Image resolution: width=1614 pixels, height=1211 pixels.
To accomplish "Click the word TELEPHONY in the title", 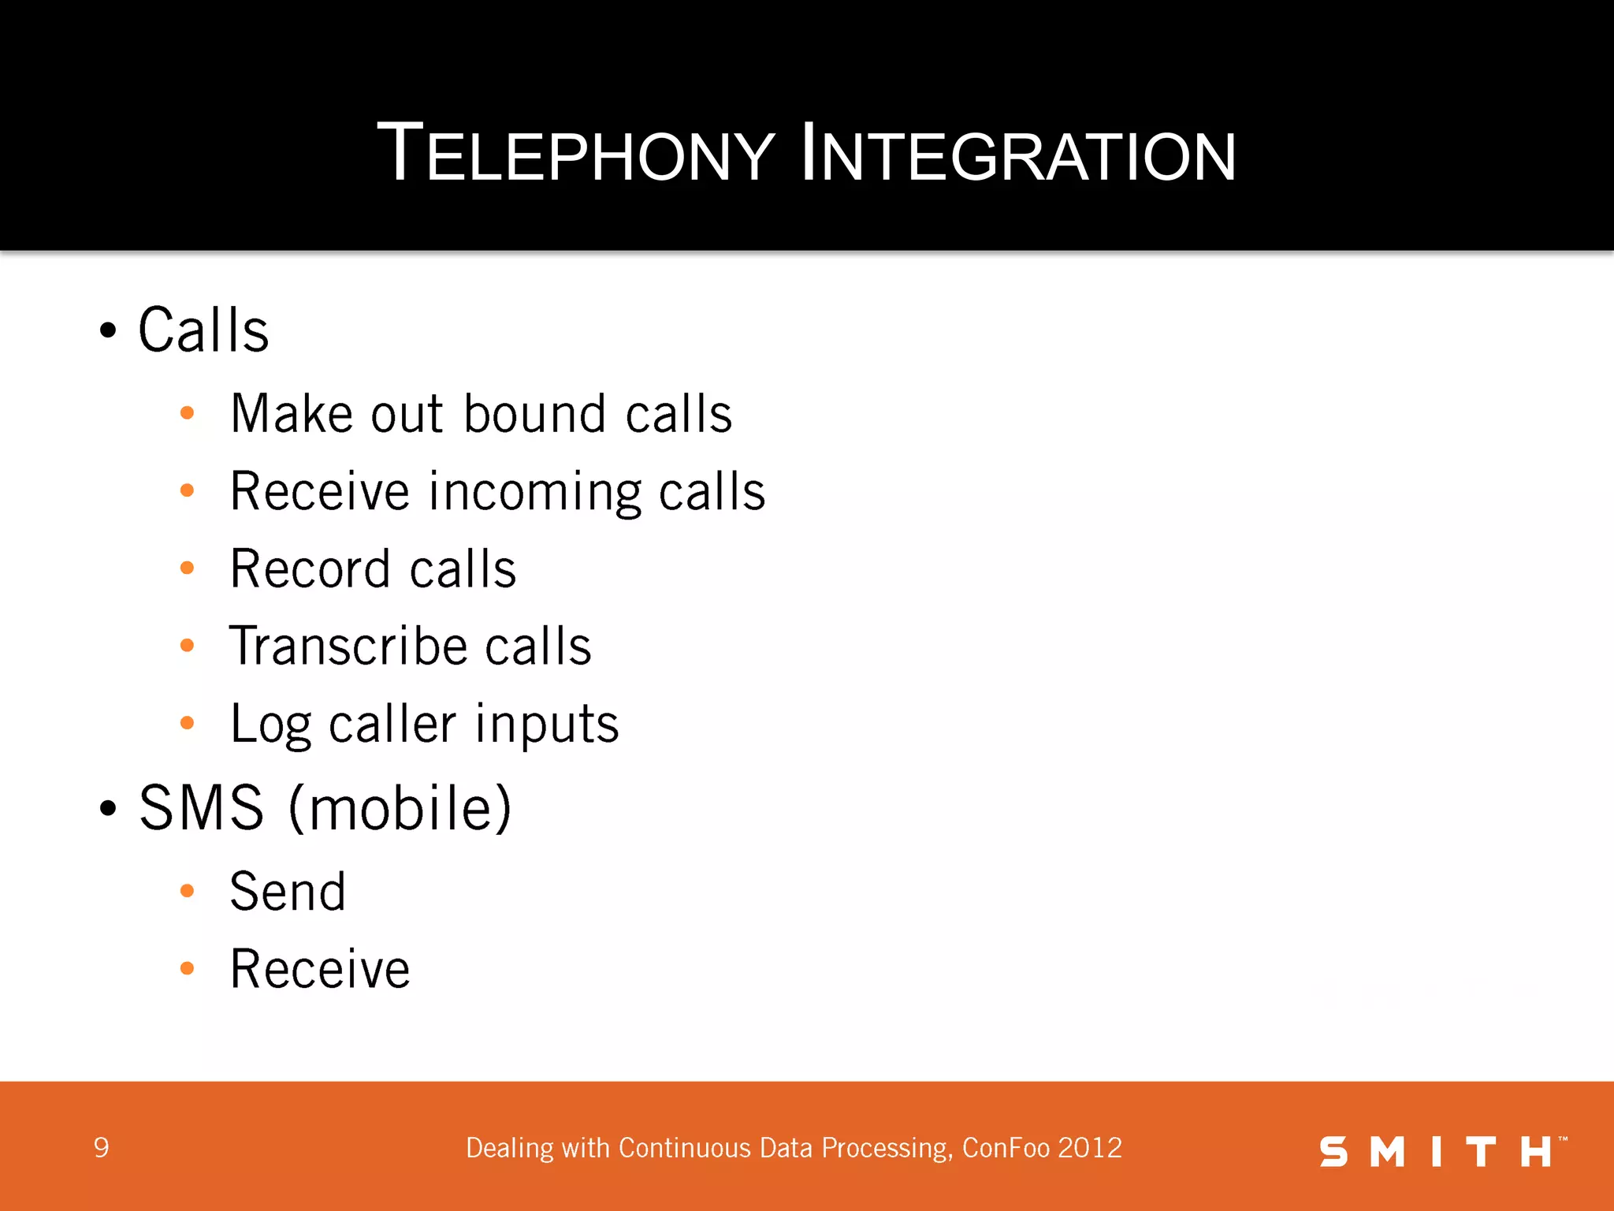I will pos(576,154).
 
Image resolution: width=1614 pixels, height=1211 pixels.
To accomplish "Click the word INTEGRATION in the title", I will pos(1017,154).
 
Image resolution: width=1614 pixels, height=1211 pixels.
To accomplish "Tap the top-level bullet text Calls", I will pos(203,330).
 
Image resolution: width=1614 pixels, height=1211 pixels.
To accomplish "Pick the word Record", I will pos(310,569).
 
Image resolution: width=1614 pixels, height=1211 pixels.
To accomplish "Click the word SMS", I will pos(202,808).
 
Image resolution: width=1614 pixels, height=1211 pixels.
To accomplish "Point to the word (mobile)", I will pos(400,808).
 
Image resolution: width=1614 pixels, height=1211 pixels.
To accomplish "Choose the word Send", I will pos(288,892).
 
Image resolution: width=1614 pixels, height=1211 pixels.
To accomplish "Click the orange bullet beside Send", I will pos(187,892).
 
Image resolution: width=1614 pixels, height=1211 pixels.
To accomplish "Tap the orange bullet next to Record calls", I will pos(187,568).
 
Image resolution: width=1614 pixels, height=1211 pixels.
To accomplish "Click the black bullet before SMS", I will pos(108,808).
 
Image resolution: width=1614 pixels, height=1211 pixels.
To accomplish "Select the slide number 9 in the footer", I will pos(101,1148).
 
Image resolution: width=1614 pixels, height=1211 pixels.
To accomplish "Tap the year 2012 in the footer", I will pos(1091,1148).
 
